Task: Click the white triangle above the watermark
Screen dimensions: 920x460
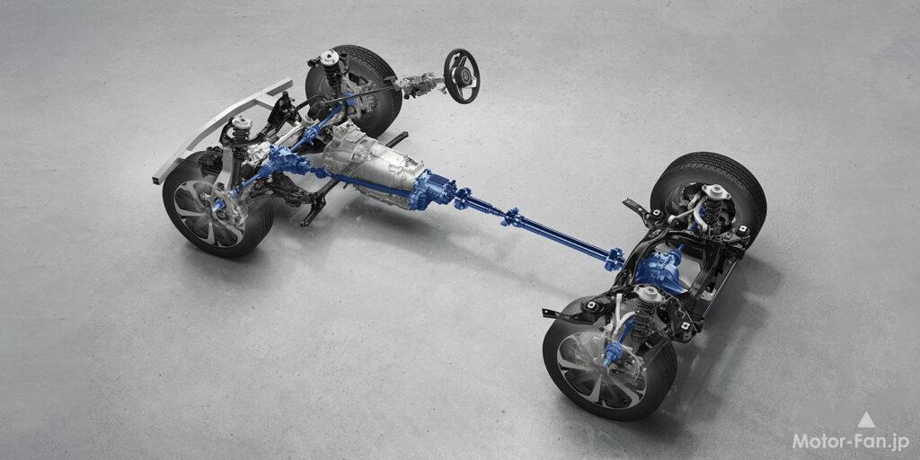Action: pos(865,420)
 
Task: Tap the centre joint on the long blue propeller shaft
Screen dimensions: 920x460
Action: pos(514,218)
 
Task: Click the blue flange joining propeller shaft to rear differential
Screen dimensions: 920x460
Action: pos(615,259)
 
